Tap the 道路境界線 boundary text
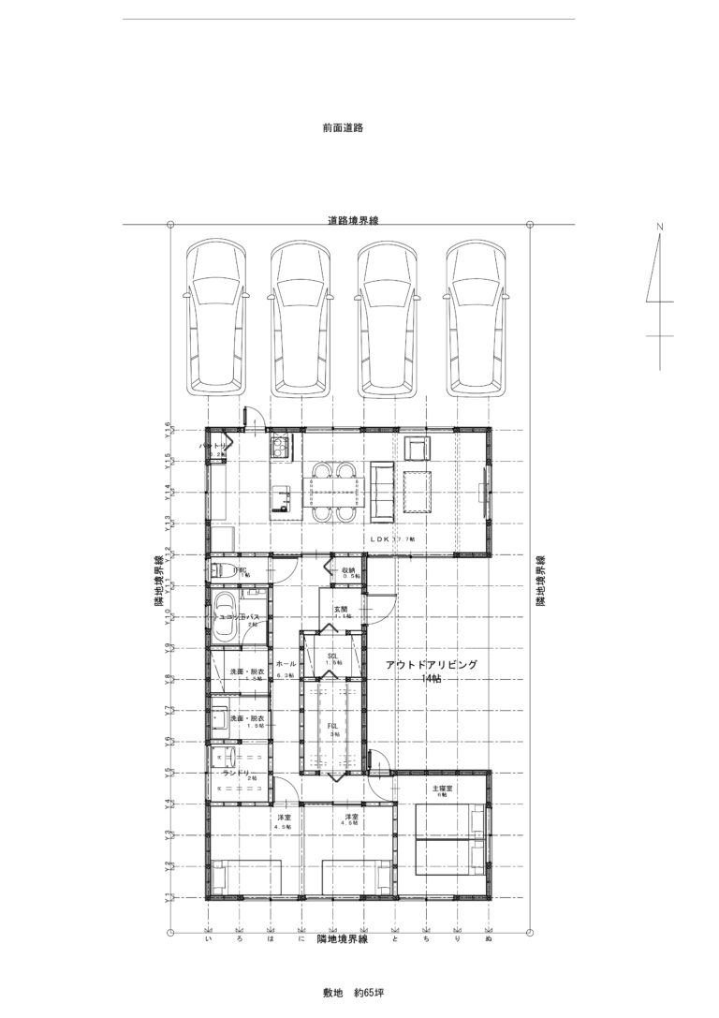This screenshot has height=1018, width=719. click(353, 221)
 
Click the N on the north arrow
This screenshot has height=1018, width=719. click(659, 227)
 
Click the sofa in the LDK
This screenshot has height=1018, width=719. click(383, 491)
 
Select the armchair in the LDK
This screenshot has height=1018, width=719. click(417, 449)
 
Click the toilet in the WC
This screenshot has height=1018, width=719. click(217, 569)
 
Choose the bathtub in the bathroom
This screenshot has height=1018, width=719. click(225, 617)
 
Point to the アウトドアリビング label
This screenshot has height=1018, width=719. click(432, 664)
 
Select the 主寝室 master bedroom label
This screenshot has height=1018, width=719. click(443, 789)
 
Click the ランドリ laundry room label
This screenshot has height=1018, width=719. click(236, 774)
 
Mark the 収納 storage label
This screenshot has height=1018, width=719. click(348, 569)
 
